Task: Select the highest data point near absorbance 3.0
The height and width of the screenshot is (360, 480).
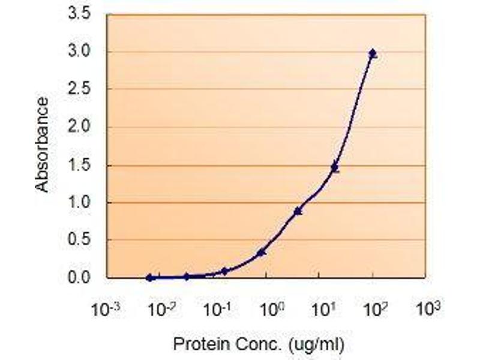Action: (373, 54)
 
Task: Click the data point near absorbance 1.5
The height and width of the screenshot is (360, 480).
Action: (335, 168)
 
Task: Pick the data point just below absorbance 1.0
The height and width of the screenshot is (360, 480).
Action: (298, 211)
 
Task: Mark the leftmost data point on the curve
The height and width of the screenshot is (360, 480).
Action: (149, 277)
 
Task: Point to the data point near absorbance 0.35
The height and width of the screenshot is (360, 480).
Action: (261, 252)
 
